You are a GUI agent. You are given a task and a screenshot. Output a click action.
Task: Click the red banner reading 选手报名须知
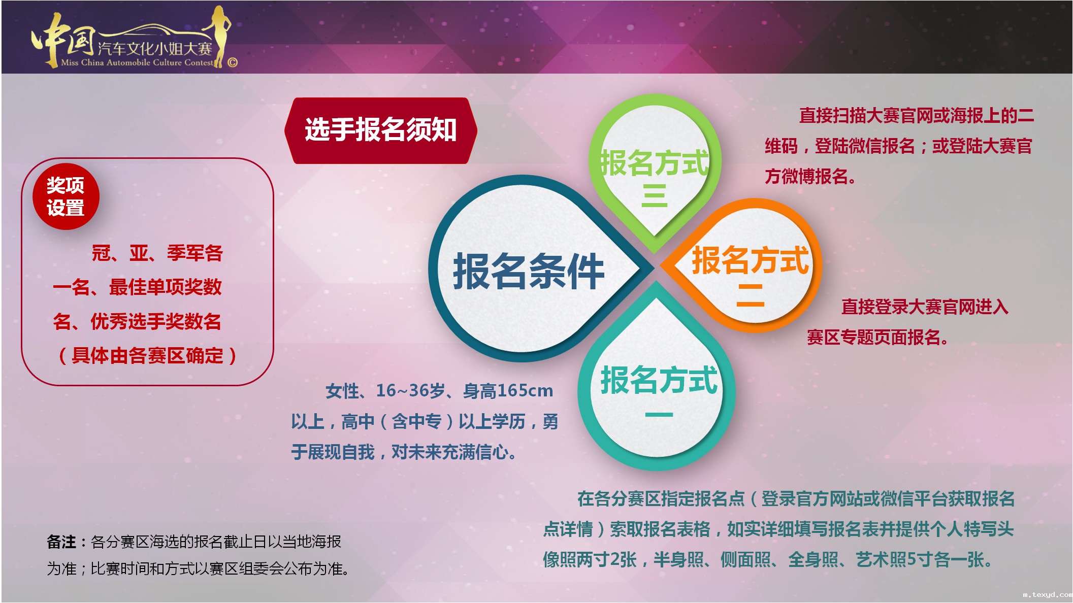pyautogui.click(x=381, y=130)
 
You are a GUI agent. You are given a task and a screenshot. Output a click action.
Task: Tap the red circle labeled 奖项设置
pyautogui.click(x=66, y=197)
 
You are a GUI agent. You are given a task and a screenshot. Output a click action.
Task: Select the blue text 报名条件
pyautogui.click(x=528, y=272)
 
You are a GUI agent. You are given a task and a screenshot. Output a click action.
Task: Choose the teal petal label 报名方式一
pyautogui.click(x=659, y=391)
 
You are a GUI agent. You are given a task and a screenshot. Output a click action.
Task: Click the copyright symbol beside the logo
pyautogui.click(x=233, y=62)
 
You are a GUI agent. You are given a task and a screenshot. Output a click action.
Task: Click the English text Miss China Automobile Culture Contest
pyautogui.click(x=137, y=62)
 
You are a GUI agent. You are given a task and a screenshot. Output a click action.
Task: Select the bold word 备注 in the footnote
pyautogui.click(x=61, y=542)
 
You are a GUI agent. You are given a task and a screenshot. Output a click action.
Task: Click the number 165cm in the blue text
pyautogui.click(x=525, y=390)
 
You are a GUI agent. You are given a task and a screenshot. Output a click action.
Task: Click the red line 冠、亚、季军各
pyautogui.click(x=157, y=253)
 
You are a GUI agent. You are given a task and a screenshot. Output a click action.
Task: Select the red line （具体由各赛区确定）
pyautogui.click(x=147, y=355)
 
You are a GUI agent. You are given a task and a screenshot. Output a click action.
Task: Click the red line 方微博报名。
pyautogui.click(x=810, y=176)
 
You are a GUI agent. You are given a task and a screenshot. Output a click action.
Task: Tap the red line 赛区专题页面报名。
pyautogui.click(x=877, y=337)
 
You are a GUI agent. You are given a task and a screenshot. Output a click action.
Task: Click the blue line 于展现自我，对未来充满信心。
pyautogui.click(x=404, y=452)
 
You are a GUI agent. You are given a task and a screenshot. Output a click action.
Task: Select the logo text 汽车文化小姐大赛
pyautogui.click(x=155, y=49)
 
